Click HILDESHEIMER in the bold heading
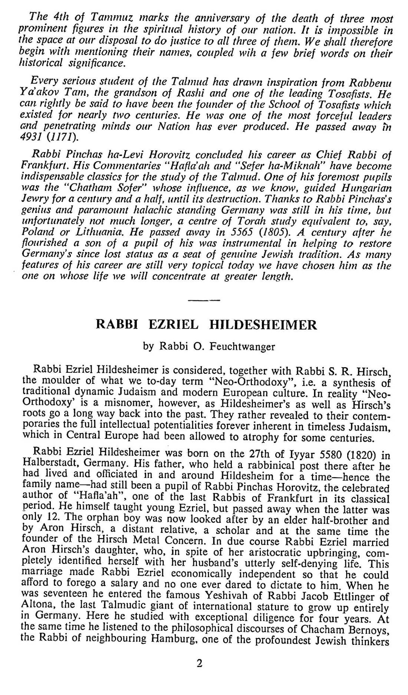click(x=263, y=325)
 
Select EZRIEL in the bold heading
click(x=173, y=325)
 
